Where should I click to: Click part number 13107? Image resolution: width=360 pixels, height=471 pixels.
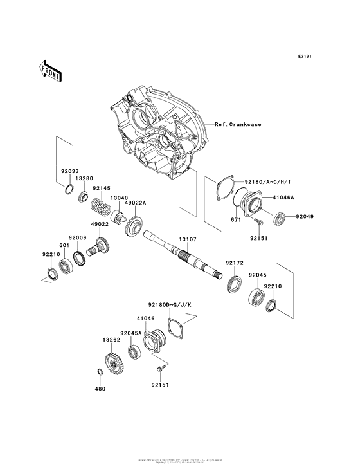point(188,239)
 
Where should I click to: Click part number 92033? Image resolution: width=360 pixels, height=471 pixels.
point(71,172)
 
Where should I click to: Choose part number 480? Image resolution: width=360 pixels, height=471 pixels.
point(100,389)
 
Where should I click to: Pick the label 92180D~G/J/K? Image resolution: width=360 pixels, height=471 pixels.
point(165,304)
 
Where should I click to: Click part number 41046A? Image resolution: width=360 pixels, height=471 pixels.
point(283,199)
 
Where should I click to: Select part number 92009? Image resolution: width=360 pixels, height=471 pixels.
point(78,238)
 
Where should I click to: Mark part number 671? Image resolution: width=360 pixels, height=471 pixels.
point(237,221)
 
